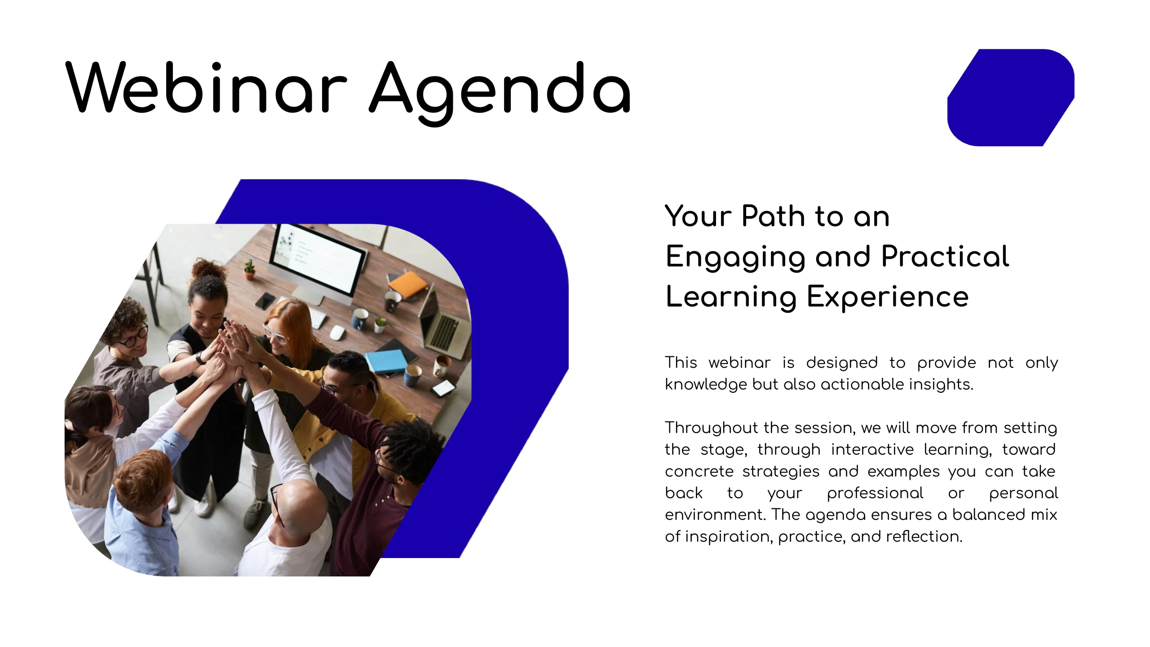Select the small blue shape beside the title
pos(1011,97)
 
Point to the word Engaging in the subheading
pos(735,258)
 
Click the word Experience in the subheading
pos(888,298)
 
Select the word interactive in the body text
pos(872,450)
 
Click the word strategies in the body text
pos(781,472)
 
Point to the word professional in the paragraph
pos(875,494)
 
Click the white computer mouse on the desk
pos(337,333)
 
